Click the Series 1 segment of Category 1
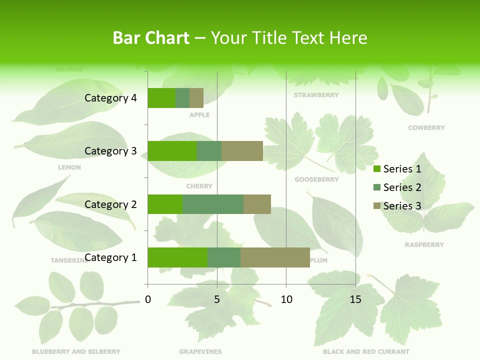(177, 257)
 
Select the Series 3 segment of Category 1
(275, 257)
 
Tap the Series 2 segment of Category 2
(213, 204)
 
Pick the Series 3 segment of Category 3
(242, 151)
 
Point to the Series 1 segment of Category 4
(161, 98)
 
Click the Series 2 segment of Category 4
(182, 98)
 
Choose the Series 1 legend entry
(397, 169)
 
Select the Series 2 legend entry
(397, 187)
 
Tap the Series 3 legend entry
(397, 206)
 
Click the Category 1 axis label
(110, 257)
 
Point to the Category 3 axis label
(110, 151)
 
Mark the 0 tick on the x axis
(148, 299)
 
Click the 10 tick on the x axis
(286, 299)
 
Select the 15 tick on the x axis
(355, 299)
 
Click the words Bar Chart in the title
(151, 38)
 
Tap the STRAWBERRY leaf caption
(316, 95)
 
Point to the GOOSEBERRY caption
(316, 179)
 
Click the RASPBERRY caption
(424, 245)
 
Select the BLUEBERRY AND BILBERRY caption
(76, 351)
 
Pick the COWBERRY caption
(426, 128)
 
